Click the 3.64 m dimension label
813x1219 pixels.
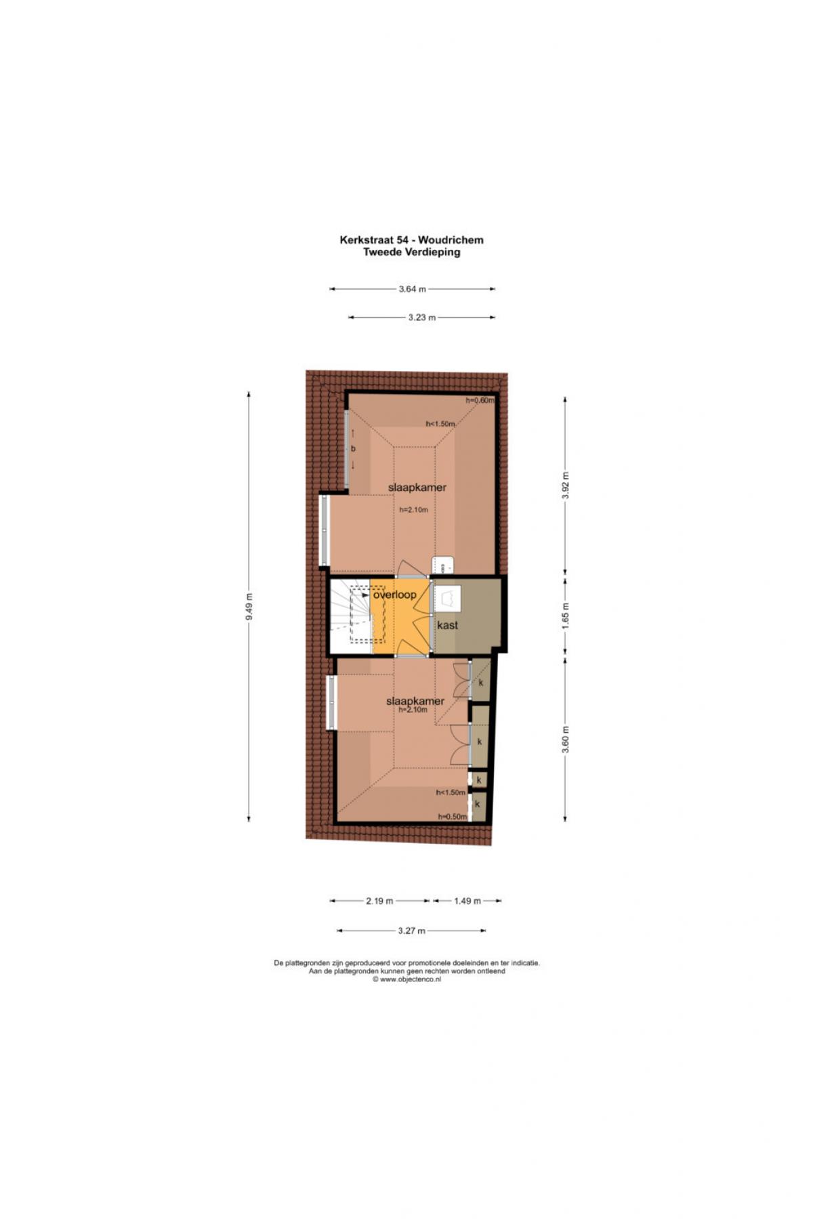(412, 289)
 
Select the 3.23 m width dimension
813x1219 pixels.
(421, 317)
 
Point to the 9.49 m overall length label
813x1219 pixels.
(249, 606)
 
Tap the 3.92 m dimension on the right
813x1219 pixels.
(566, 485)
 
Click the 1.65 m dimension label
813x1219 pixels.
(566, 616)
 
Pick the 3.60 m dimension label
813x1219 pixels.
(566, 739)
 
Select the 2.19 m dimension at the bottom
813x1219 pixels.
(379, 901)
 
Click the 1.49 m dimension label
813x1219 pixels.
(467, 901)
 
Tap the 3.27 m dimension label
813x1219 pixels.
(411, 931)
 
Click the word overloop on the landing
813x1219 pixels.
(394, 595)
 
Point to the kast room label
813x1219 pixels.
(447, 625)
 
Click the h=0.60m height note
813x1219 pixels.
(480, 400)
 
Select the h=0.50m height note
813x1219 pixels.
(453, 817)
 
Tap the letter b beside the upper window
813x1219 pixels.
(353, 448)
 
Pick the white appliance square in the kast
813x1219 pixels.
(446, 598)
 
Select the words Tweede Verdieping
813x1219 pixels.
(412, 252)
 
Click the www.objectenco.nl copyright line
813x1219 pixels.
(406, 979)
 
